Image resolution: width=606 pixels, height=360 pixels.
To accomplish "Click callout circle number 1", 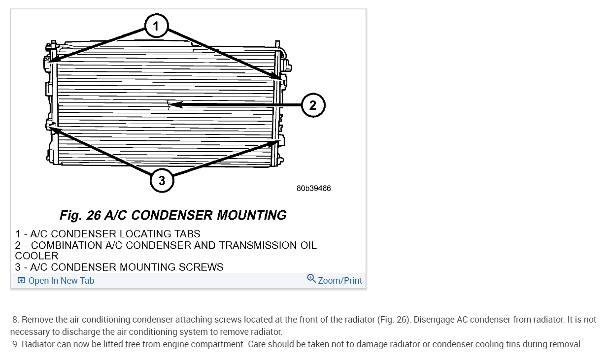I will coord(156,26).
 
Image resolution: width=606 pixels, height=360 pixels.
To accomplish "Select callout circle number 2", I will coord(313,105).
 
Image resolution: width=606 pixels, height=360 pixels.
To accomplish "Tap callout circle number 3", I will coord(162,181).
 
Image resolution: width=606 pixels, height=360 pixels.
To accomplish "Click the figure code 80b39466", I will coord(313,189).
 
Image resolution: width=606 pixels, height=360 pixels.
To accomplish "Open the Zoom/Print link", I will coord(340,281).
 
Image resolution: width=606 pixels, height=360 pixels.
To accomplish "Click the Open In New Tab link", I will coord(61,281).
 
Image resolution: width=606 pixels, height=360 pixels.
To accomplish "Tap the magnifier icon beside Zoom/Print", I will coord(311,279).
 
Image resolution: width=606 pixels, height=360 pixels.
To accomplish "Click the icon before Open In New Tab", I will coord(21,281).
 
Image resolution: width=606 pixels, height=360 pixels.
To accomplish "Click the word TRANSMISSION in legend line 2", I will coord(256,245).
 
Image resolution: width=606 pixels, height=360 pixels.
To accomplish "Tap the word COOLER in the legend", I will coord(36,256).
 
